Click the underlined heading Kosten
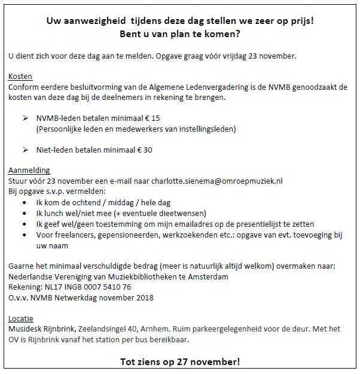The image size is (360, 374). point(20,77)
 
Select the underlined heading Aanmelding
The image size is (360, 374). point(29,170)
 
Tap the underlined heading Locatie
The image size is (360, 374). point(21,318)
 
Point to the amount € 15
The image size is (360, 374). point(152,118)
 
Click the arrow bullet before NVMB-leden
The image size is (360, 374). point(25,118)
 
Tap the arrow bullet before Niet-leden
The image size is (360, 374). point(25,150)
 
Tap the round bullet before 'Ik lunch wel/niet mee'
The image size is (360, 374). point(25,214)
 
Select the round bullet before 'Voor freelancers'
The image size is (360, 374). point(25,235)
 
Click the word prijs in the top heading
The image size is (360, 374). point(300,20)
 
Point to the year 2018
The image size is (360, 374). point(144,297)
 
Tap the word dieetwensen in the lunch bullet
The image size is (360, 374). point(183,214)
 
